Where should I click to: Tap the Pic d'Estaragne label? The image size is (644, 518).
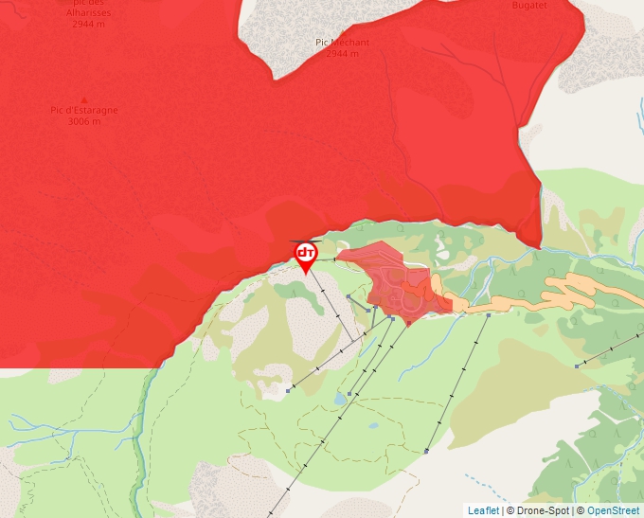tap(84, 111)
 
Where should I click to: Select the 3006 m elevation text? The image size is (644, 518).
tap(84, 121)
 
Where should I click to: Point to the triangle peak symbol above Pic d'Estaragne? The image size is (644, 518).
tap(84, 99)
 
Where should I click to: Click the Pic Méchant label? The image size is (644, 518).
tap(342, 43)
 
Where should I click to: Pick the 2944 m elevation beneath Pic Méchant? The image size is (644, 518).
tap(342, 53)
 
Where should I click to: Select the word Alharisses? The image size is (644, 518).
tap(91, 13)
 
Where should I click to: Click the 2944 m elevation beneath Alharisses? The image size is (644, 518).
tap(91, 24)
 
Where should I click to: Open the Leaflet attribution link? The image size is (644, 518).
tap(483, 510)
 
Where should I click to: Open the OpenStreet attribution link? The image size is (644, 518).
tap(613, 510)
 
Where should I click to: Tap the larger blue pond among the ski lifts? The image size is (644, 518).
tap(340, 400)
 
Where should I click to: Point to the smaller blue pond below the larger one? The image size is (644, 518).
tap(373, 425)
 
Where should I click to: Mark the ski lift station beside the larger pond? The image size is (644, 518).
tap(350, 393)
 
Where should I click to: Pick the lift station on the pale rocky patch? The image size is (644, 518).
tap(288, 389)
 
